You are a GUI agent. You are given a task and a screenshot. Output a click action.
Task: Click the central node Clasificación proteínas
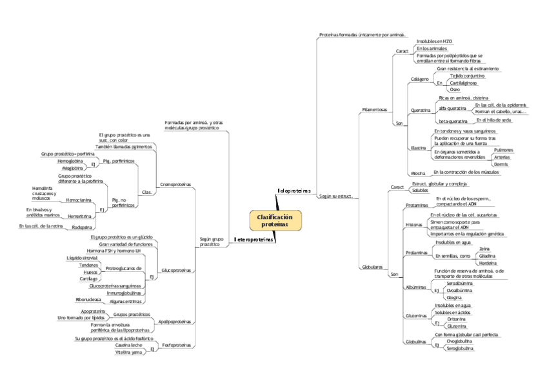275,220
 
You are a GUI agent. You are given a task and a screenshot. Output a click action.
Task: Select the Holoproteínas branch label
294,191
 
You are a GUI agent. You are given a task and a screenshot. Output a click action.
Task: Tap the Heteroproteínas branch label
254,240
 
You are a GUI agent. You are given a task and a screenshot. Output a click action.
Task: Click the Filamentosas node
375,110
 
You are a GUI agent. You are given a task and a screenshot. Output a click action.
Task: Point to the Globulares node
373,266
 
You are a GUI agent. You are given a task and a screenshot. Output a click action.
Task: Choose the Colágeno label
420,79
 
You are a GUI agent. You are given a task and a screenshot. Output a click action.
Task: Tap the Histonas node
414,224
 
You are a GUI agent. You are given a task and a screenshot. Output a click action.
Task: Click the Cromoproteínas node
175,184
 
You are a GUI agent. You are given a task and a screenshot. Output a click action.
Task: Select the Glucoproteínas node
176,270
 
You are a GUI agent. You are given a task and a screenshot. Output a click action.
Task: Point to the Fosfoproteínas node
176,345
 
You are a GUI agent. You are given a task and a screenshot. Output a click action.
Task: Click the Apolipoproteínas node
174,321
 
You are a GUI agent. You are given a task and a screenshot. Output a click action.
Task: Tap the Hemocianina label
79,200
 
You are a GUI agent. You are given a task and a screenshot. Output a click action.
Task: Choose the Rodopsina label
81,227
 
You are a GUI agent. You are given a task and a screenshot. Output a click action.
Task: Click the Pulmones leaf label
503,149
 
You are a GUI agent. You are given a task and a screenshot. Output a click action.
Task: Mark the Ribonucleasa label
87,300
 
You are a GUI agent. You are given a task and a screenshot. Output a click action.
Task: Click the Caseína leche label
128,345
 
